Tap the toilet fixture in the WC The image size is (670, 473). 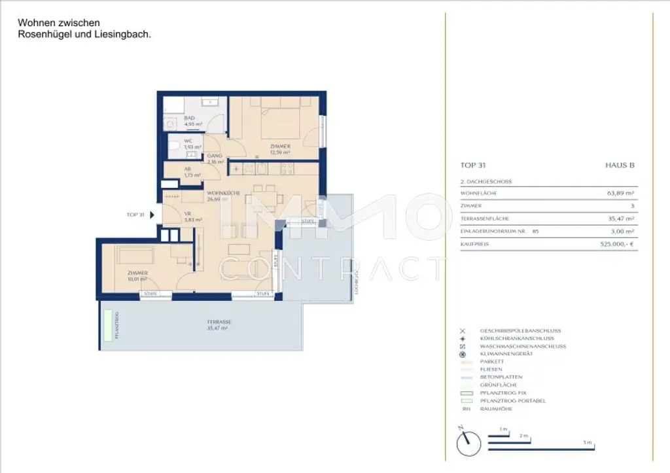(x=174, y=145)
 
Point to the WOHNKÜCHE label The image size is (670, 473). (x=222, y=194)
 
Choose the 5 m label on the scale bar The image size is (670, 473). (x=588, y=443)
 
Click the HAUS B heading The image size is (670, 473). (x=620, y=166)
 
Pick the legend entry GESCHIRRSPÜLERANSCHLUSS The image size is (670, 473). (x=521, y=331)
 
